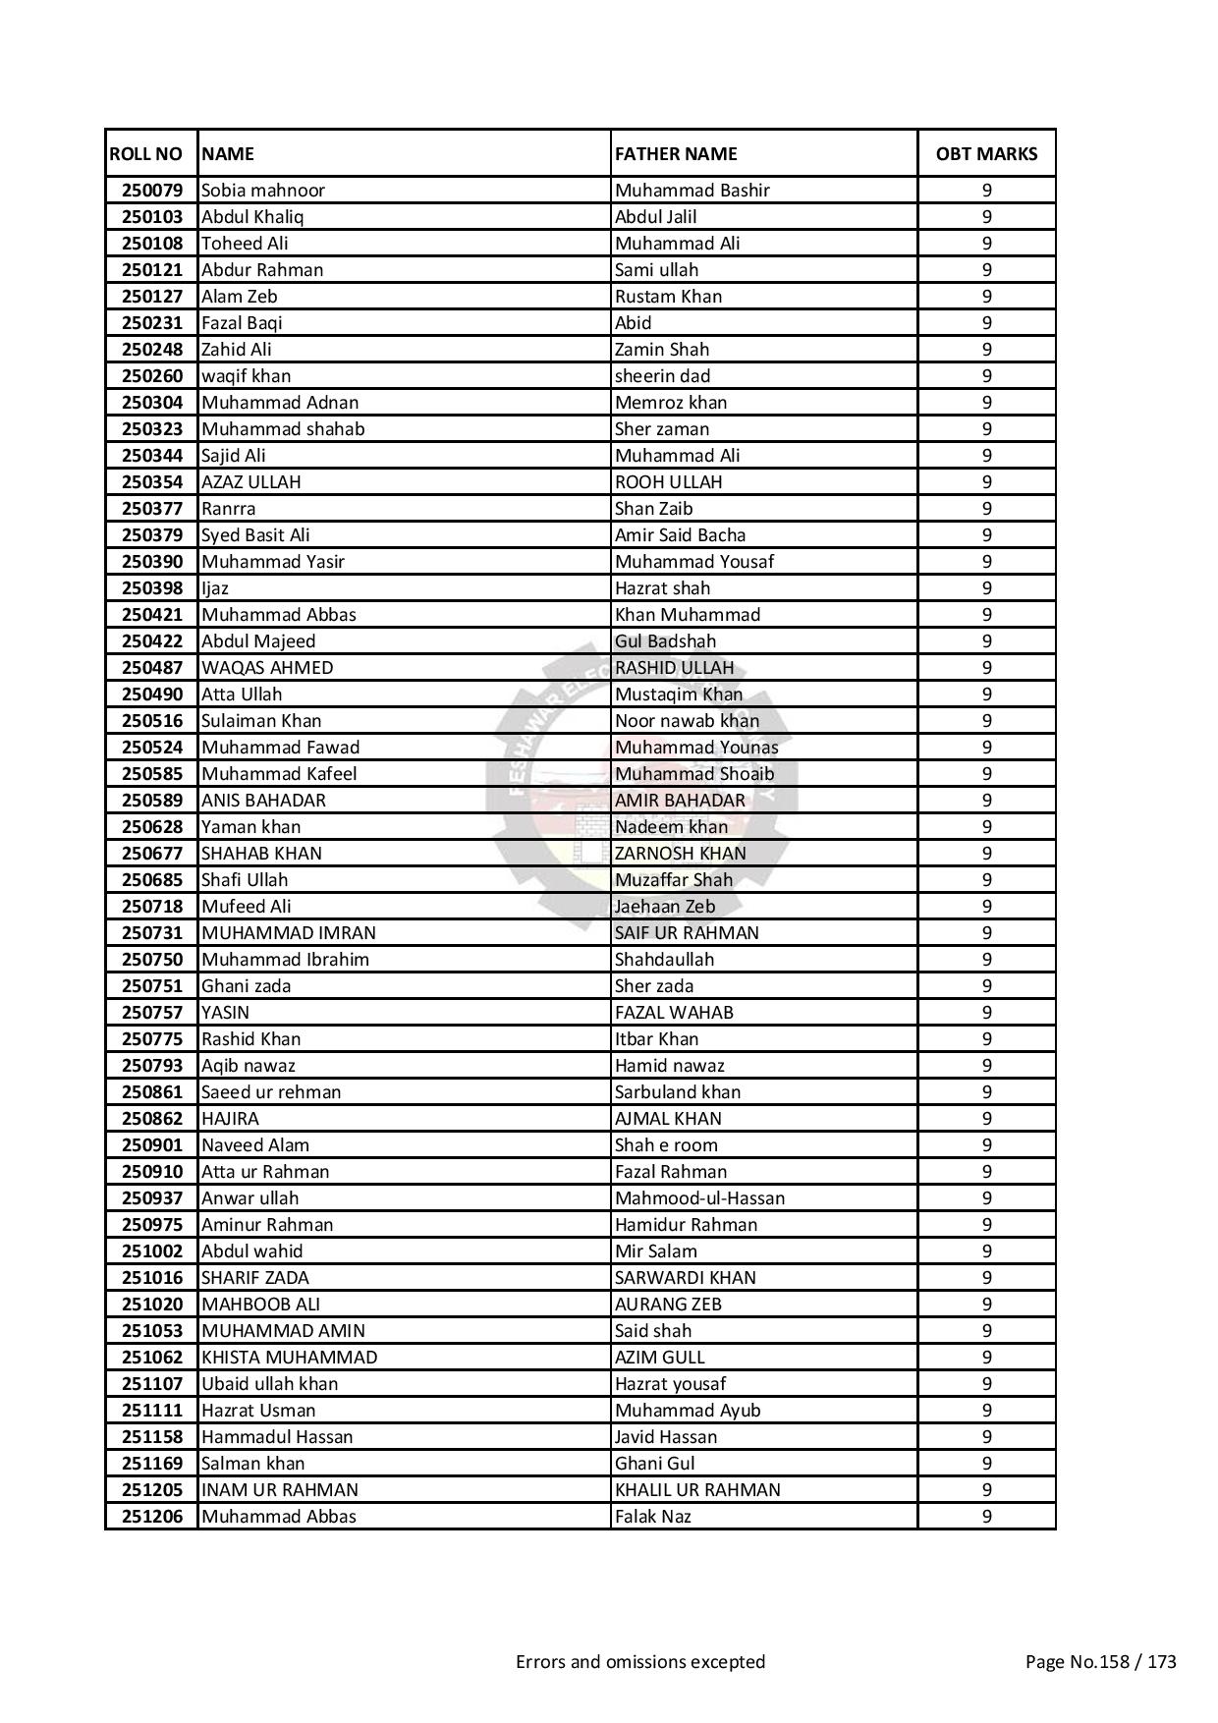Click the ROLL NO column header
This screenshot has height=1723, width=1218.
(146, 154)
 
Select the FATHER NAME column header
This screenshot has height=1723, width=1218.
(676, 154)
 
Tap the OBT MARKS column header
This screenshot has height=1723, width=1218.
(986, 154)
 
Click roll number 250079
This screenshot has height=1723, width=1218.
(152, 191)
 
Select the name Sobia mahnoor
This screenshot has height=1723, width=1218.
(263, 191)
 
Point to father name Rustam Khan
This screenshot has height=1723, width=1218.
(668, 297)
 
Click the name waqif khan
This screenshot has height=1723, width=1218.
(246, 376)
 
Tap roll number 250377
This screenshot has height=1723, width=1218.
(152, 509)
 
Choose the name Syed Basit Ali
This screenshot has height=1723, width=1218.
(255, 535)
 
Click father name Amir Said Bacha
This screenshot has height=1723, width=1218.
(680, 535)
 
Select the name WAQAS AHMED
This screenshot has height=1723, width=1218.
(267, 668)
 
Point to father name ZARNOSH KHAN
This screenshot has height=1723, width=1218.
(680, 854)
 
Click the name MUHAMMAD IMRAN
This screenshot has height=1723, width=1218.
(289, 933)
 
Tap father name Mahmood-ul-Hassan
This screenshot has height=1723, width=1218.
(699, 1198)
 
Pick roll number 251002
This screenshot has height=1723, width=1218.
(152, 1251)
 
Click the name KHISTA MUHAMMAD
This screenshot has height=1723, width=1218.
(289, 1358)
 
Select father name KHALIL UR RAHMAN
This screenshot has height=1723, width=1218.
(697, 1490)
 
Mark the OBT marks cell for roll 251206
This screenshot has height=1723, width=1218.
(986, 1517)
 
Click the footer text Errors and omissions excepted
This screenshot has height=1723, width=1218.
(640, 1662)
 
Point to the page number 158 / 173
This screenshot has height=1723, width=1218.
(1100, 1662)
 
